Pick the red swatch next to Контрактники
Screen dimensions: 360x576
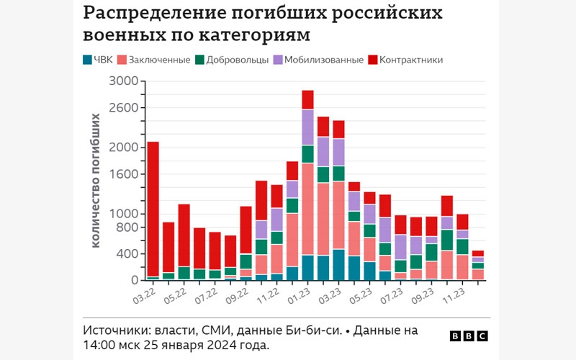[x=372, y=60]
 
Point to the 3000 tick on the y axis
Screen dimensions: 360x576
[x=124, y=81]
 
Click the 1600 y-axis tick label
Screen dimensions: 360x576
[x=124, y=174]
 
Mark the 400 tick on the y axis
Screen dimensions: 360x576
[x=127, y=254]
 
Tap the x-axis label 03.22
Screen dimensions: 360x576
[x=144, y=294]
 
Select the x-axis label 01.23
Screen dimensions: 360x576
[x=299, y=294]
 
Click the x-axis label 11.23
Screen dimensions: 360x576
[x=454, y=294]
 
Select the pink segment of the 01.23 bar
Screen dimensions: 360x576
[x=307, y=209]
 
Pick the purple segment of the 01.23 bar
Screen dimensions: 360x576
[x=307, y=127]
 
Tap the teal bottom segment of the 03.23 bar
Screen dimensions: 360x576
[x=338, y=265]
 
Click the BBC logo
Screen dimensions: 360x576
[x=468, y=336]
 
